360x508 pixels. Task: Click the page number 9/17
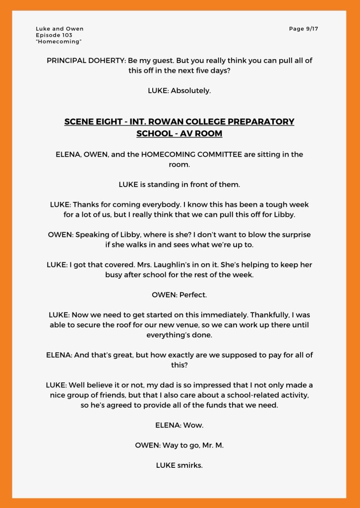point(303,29)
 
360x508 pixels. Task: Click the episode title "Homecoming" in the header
point(59,42)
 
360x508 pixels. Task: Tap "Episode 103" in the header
point(54,35)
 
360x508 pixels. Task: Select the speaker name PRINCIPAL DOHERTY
point(86,61)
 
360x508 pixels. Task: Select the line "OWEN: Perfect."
point(180,295)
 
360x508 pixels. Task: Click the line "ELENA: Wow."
point(180,425)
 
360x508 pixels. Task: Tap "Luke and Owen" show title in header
point(60,29)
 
